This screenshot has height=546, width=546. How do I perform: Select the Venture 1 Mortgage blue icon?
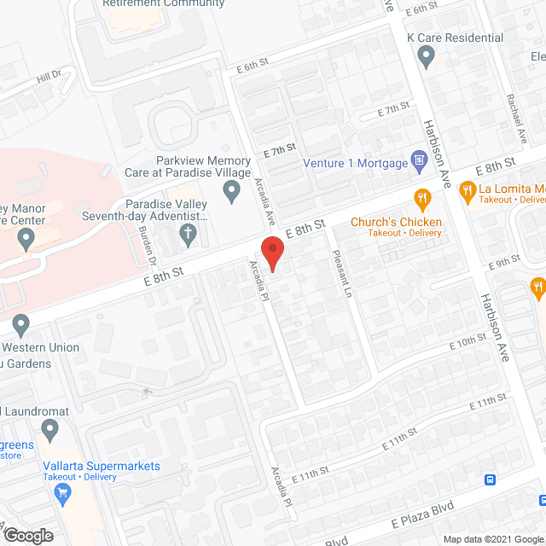coord(418,160)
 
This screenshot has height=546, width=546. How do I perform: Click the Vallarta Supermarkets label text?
coord(102,466)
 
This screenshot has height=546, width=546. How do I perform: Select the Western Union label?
coord(42,347)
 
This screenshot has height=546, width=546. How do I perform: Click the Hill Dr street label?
coord(49,78)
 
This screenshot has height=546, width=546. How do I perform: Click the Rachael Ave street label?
coord(519,119)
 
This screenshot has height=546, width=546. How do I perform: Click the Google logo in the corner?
coord(27,536)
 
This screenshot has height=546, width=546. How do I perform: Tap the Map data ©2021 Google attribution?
coord(492,539)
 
